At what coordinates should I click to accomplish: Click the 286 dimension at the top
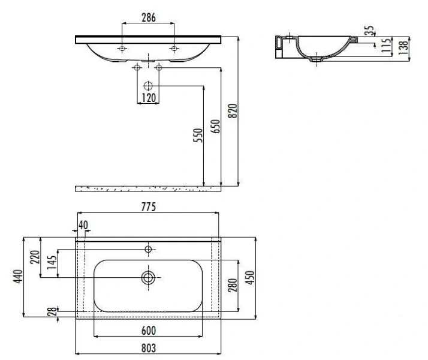pyautogui.click(x=149, y=18)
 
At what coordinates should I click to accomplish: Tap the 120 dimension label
pyautogui.click(x=149, y=98)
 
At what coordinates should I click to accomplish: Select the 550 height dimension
pyautogui.click(x=198, y=135)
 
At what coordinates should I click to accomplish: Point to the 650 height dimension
pyautogui.click(x=215, y=126)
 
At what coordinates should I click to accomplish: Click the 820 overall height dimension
pyautogui.click(x=233, y=110)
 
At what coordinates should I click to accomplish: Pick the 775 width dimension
pyautogui.click(x=149, y=207)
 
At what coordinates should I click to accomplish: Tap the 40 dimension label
pyautogui.click(x=83, y=225)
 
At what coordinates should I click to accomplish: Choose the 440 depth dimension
pyautogui.click(x=18, y=277)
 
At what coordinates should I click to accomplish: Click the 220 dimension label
pyautogui.click(x=35, y=257)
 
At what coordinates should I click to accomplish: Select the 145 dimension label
pyautogui.click(x=52, y=262)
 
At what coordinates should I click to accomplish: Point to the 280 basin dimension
pyautogui.click(x=233, y=285)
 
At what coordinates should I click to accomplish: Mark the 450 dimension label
pyautogui.click(x=250, y=278)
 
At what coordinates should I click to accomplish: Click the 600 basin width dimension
pyautogui.click(x=149, y=331)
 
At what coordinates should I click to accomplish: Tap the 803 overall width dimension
pyautogui.click(x=149, y=348)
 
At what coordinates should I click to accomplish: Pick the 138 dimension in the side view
pyautogui.click(x=403, y=47)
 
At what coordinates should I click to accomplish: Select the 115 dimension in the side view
pyautogui.click(x=386, y=46)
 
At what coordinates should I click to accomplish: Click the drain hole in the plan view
pyautogui.click(x=148, y=278)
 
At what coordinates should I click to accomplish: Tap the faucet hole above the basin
pyautogui.click(x=148, y=249)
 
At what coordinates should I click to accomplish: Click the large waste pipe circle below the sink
pyautogui.click(x=148, y=86)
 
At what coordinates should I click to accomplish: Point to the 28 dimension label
pyautogui.click(x=52, y=311)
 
